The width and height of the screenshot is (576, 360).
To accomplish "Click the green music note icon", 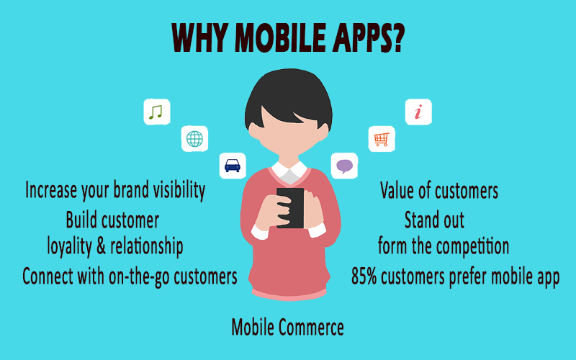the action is point(156,112).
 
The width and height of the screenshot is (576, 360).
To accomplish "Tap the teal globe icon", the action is point(194,139).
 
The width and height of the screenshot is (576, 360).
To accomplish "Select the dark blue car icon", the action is point(232,166).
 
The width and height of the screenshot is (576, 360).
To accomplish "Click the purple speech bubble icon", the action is point(344,166).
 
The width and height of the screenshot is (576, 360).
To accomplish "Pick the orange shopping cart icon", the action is point(382,139).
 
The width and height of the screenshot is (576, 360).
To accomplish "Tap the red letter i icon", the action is point(418,112).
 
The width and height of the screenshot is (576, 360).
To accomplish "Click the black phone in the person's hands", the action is point(290,208).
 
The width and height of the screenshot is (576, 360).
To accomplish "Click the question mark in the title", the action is point(396,37).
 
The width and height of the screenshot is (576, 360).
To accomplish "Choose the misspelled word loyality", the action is point(69,246).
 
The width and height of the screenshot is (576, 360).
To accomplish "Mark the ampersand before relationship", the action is point(101,246).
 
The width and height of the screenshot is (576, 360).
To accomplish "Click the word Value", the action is point(397,190).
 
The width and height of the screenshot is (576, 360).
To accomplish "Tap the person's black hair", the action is point(289,96).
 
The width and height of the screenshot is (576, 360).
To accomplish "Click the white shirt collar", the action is point(289,172).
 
